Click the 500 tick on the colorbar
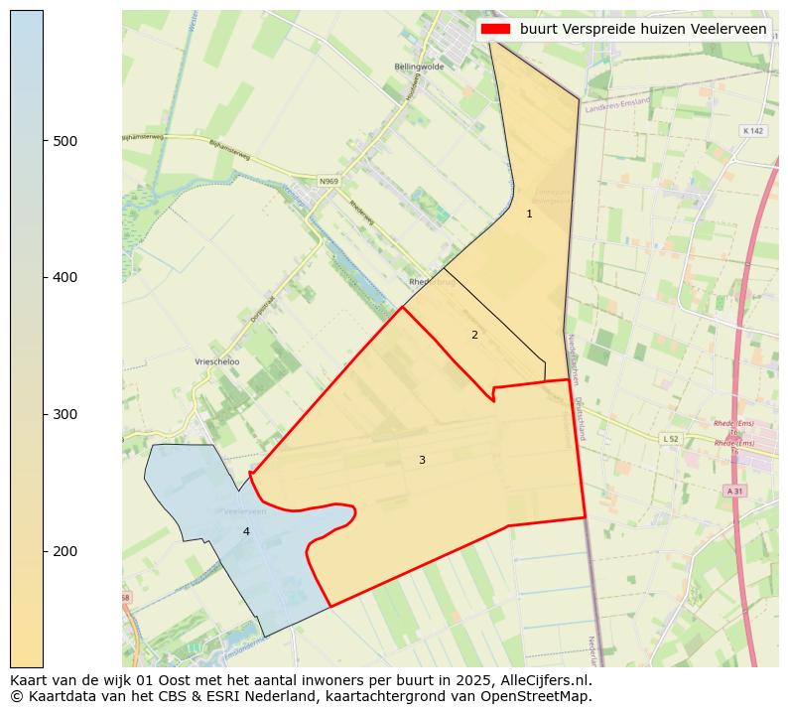45,141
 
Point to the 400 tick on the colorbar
45,277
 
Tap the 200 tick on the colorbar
45,551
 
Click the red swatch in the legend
495,29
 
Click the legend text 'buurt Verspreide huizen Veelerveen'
642,29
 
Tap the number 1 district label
529,214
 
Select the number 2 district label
474,335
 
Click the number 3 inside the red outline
422,460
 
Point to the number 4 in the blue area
246,531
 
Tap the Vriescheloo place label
217,362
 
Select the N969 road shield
328,182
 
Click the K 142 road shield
753,131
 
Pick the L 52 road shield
671,438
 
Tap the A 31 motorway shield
734,491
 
